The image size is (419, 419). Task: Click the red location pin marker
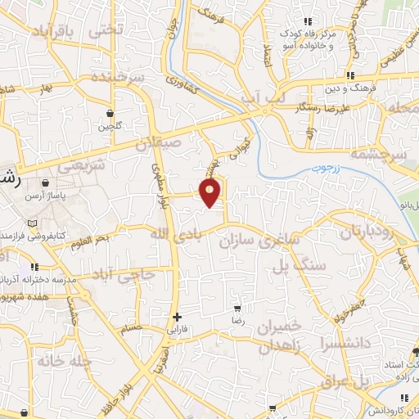point(210,193)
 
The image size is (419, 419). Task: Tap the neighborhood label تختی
point(108,28)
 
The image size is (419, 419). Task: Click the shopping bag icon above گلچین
point(109,113)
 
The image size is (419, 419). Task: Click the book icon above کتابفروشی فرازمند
point(31,223)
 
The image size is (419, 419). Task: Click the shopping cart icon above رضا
point(237,309)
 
